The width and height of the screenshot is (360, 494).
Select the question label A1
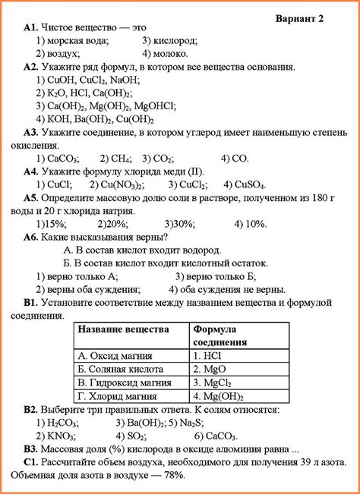[x=32, y=27]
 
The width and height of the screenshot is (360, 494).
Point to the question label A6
[x=31, y=237]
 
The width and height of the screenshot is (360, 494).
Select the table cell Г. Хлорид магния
[x=117, y=395]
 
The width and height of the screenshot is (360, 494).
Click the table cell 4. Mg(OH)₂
[x=218, y=395]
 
